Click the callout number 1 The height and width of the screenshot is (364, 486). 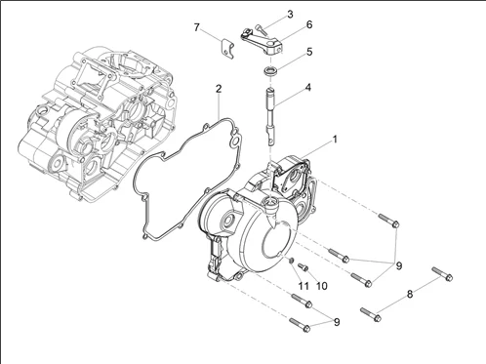pos(335,140)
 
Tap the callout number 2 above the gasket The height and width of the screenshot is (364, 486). pos(219,89)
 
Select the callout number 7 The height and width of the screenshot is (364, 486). pos(196,27)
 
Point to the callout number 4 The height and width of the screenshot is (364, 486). pos(307,88)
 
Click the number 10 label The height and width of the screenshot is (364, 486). pos(321,286)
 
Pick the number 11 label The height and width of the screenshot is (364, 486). pos(304,286)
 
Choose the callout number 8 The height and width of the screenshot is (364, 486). pos(410,295)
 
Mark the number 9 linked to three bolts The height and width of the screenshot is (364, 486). pos(399,265)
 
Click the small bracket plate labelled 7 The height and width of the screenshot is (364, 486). pos(226,49)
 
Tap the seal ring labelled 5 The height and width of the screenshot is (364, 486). pos(270,70)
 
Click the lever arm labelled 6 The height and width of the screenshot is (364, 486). pos(263,40)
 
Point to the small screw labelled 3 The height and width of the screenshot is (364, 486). pos(262,29)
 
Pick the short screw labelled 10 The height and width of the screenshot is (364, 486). pos(303,266)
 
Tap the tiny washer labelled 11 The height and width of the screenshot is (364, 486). pos(292,260)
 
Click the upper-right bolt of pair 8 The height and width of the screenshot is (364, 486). pos(442,273)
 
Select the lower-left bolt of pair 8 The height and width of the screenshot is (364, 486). pos(371,314)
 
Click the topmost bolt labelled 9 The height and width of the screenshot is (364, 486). pos(388,220)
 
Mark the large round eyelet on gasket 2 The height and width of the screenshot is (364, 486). pos(235,142)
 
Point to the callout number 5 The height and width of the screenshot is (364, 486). pos(309,52)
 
